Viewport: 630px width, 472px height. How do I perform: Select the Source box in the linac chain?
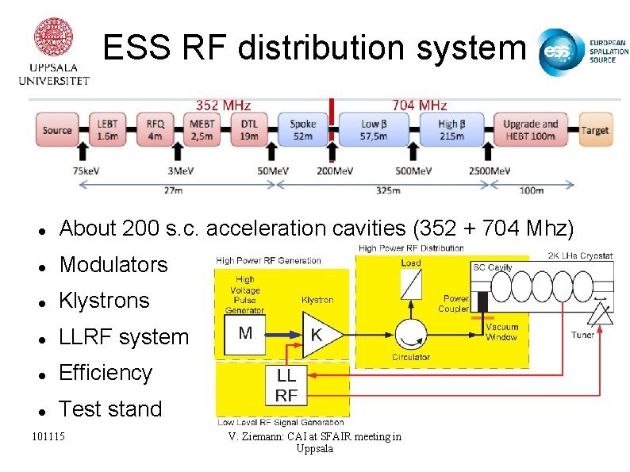57,130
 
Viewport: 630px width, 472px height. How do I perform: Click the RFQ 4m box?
155,129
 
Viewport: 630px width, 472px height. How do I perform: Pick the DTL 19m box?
249,129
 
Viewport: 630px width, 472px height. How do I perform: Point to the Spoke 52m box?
302,129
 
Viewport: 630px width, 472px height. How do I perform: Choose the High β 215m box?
451,129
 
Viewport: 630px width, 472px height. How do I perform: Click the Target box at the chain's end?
594,130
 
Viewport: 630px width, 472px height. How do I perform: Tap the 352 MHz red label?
223,105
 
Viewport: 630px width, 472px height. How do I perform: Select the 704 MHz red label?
419,105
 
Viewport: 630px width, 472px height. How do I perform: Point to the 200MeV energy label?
335,171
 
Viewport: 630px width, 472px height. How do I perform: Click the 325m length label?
387,190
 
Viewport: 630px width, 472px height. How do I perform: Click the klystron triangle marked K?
321,334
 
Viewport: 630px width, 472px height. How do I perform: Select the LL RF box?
286,385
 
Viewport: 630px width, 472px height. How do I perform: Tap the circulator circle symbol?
410,334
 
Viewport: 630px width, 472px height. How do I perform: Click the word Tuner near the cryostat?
582,335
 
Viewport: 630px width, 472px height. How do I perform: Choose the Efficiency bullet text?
106,373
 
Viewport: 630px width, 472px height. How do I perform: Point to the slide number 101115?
48,436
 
